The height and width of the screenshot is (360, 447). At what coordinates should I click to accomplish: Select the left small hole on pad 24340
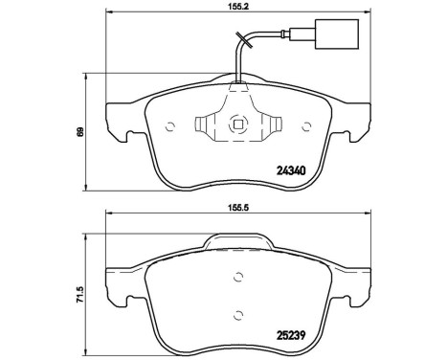click(169, 124)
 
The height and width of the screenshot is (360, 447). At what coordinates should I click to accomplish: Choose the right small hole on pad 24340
click(308, 124)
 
